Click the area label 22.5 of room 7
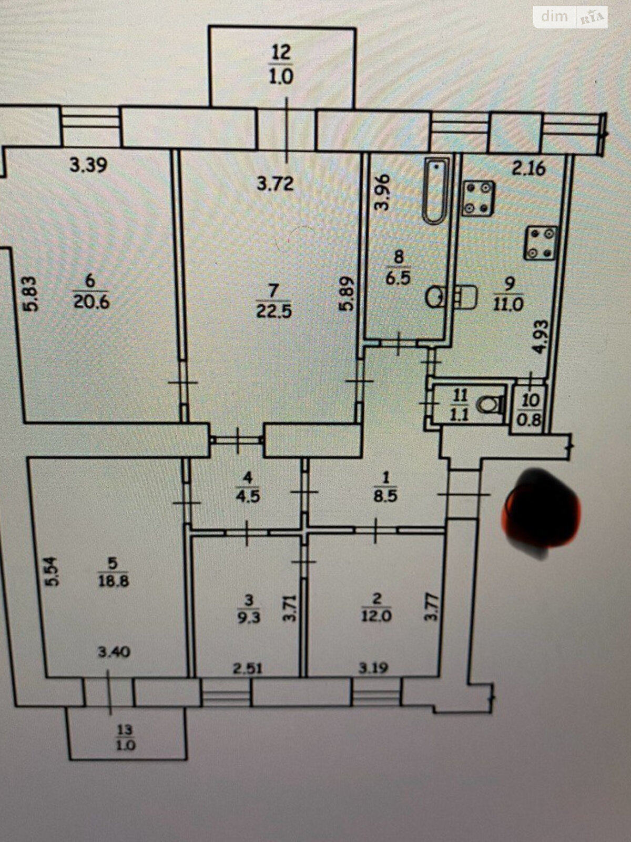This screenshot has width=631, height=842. [x=273, y=311]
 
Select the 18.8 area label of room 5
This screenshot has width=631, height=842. [x=111, y=582]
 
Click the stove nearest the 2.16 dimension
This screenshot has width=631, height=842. [x=479, y=198]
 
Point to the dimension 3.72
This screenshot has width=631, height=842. [x=275, y=184]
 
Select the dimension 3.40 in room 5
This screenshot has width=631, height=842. [x=114, y=653]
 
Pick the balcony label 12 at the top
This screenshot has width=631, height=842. [x=281, y=52]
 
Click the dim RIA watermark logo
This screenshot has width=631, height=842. [x=571, y=17]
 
